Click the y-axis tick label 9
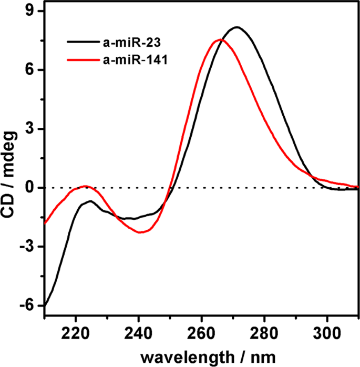coord(32,11)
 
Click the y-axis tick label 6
coord(32,70)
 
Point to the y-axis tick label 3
coord(32,129)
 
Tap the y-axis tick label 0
coord(32,188)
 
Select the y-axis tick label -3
coord(29,247)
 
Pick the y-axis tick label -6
coord(29,305)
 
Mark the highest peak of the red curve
coord(219,39)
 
